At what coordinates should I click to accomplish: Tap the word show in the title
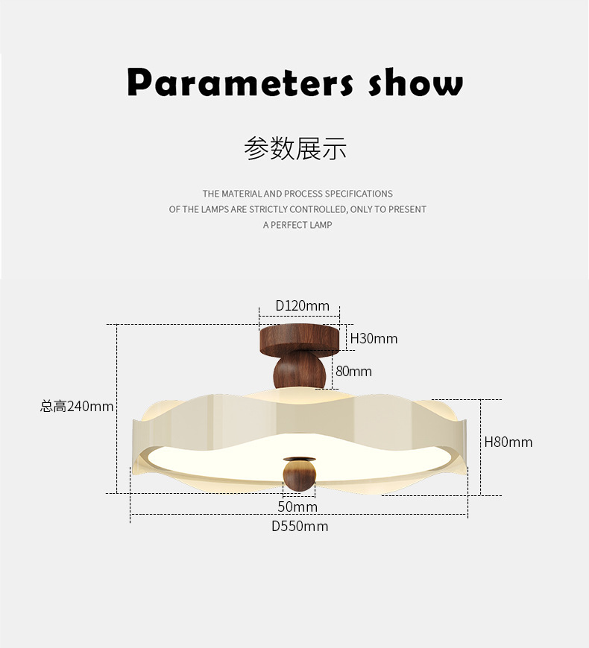pyautogui.click(x=415, y=82)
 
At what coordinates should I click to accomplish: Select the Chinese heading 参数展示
pyautogui.click(x=295, y=148)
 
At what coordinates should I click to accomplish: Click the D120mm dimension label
pyautogui.click(x=302, y=305)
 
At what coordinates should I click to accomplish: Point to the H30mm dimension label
pyautogui.click(x=374, y=339)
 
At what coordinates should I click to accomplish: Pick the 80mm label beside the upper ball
pyautogui.click(x=353, y=371)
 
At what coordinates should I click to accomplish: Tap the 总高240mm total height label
pyautogui.click(x=77, y=406)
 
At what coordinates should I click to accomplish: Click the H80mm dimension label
pyautogui.click(x=508, y=442)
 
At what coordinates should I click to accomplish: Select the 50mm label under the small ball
pyautogui.click(x=297, y=506)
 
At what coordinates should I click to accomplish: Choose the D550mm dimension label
pyautogui.click(x=299, y=527)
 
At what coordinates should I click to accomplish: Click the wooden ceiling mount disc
pyautogui.click(x=299, y=339)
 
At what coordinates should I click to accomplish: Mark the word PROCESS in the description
pyautogui.click(x=302, y=194)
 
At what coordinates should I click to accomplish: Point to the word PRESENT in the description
pyautogui.click(x=407, y=209)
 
